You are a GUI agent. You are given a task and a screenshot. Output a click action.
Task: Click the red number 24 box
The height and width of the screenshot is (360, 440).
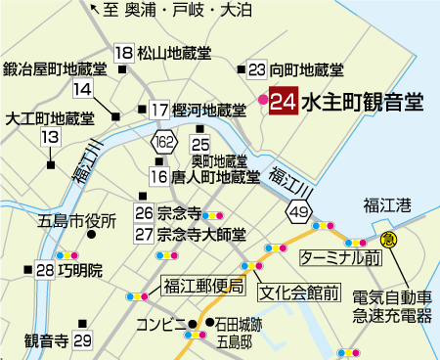284,102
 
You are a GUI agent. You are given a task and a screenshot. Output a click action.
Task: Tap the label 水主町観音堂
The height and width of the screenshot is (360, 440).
361,102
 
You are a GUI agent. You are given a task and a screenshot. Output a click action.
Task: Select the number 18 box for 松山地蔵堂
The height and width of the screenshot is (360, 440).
124,53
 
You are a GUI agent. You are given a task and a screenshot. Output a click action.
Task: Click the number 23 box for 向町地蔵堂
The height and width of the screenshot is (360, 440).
257,69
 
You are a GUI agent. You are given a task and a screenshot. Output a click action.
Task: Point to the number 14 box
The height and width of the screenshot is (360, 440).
82,89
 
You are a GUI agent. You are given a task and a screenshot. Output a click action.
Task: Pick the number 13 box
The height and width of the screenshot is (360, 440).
49,138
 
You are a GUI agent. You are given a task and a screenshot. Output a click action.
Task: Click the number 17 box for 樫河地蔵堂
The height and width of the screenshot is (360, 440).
160,110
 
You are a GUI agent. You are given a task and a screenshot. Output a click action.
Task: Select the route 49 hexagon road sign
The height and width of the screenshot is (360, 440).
298,210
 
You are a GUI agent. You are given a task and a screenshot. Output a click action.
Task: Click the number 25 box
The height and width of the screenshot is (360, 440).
202,144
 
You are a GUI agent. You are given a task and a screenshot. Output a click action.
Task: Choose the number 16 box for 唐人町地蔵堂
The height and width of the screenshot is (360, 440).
159,177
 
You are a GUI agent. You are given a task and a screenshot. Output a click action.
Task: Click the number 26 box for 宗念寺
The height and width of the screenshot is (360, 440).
145,212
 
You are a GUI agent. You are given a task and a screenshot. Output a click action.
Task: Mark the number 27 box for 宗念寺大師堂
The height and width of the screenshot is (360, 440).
145,235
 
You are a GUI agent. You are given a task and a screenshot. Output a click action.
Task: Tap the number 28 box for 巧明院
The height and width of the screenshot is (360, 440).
45,270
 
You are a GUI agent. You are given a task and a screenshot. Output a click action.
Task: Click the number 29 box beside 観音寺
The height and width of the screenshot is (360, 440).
82,340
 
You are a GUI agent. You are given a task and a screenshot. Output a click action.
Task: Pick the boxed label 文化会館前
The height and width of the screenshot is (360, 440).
298,292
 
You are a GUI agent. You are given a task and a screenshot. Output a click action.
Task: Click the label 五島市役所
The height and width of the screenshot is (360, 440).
77,220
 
